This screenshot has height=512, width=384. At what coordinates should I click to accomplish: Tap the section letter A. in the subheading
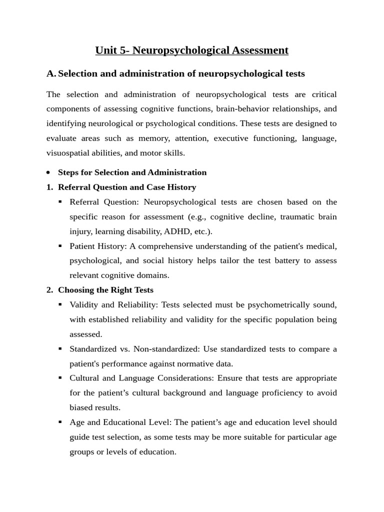[51, 74]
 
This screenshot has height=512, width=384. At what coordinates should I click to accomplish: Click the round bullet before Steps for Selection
[48, 172]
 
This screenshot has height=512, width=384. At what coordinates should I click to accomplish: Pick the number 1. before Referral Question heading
[50, 187]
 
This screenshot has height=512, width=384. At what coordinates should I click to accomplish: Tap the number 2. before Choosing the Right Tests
[50, 290]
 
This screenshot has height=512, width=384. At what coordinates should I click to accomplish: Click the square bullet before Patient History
[60, 246]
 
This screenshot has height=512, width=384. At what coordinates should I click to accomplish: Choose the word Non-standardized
[163, 349]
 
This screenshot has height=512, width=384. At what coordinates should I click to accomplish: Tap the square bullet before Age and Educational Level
[60, 422]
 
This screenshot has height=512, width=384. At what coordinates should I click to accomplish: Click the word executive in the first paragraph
[232, 138]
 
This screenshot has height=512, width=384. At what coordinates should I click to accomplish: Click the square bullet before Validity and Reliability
[60, 304]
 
